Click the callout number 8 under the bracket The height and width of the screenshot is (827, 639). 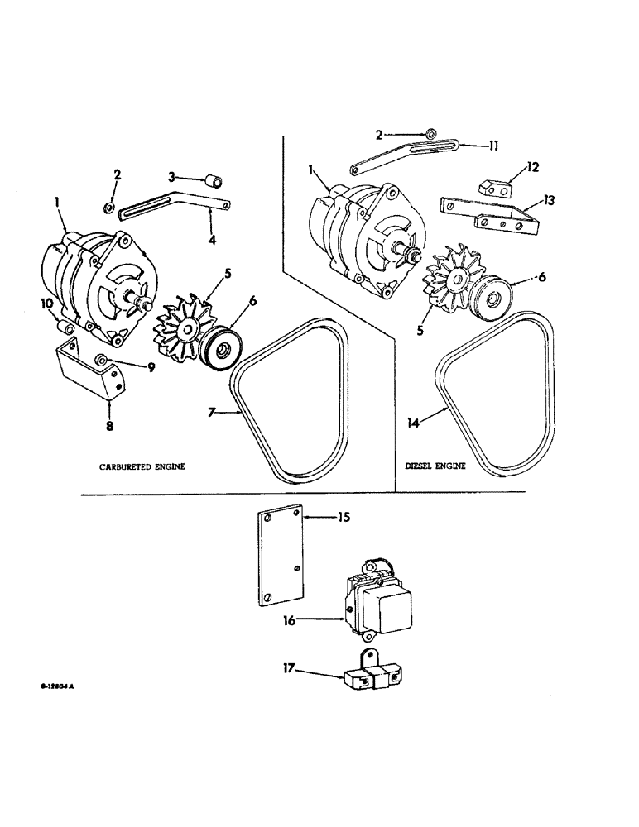[x=109, y=427]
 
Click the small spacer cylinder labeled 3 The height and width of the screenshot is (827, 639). [x=214, y=179]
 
